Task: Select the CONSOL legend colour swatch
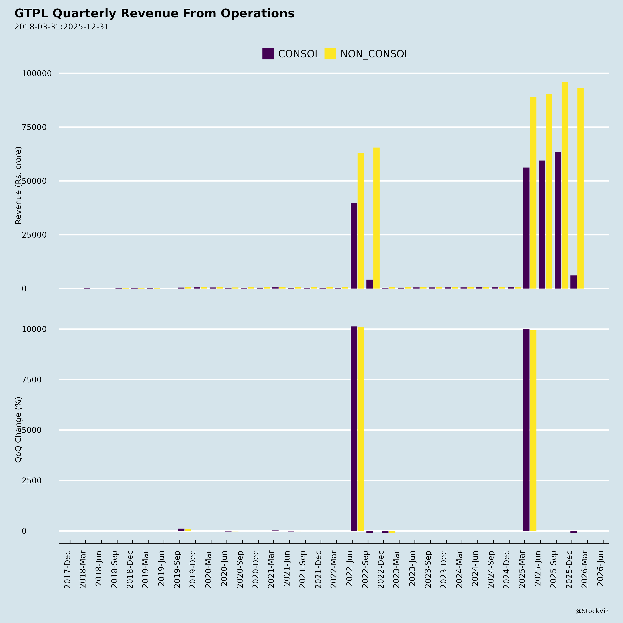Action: pos(268,54)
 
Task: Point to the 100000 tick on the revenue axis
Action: pos(37,74)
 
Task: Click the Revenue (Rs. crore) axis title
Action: pos(18,185)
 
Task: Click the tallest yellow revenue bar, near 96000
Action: pos(565,185)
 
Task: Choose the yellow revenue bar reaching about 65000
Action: pos(376,218)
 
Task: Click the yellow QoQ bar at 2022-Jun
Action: pos(360,429)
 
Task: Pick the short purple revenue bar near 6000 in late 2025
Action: pos(573,282)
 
